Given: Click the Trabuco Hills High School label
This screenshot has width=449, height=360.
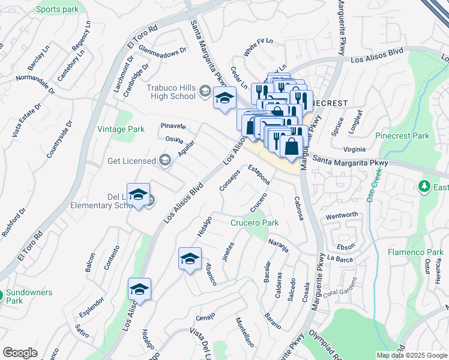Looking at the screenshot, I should pos(171,92).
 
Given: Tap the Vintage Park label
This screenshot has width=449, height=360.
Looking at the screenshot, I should pos(121,129).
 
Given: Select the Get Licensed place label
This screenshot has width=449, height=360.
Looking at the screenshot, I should pos(131,161).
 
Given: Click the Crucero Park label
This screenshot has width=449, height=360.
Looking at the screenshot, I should pos(255,223).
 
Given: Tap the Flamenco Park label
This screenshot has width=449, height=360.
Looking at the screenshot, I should pos(415,251).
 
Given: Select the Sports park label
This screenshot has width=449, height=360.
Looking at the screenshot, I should pos(57,10).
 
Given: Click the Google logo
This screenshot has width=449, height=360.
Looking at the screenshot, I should pos(20,353).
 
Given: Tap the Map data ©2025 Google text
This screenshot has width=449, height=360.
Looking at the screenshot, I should pos(411,355).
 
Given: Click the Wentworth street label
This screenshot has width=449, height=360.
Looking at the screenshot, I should pos(342,215).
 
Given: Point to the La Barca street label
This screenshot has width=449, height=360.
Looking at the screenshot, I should pos(339,258).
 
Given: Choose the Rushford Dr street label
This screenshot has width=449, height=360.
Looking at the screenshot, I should pos(14,222).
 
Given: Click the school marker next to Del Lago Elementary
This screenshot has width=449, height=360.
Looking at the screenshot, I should pos(138,195).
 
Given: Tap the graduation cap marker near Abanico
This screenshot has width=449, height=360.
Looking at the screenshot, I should pos(190,259).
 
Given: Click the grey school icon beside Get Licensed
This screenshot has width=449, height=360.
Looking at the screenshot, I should pos(165,160).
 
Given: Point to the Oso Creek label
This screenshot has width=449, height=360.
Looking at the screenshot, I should pos(375,186).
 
